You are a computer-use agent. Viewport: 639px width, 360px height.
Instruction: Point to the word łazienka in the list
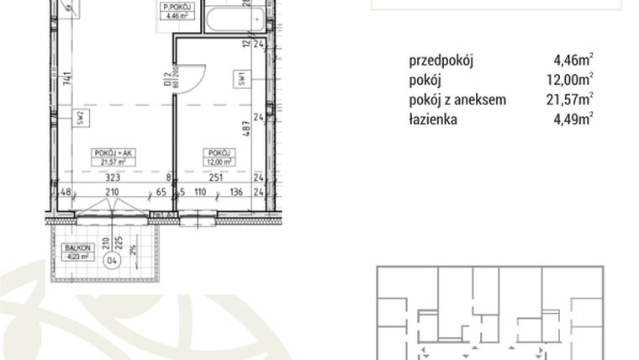pyautogui.click(x=433, y=119)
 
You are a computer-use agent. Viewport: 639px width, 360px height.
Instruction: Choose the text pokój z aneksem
pyautogui.click(x=457, y=99)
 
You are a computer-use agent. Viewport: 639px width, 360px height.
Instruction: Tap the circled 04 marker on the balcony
pyautogui.click(x=111, y=261)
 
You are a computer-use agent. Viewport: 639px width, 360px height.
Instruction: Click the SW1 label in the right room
pyautogui.click(x=240, y=77)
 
